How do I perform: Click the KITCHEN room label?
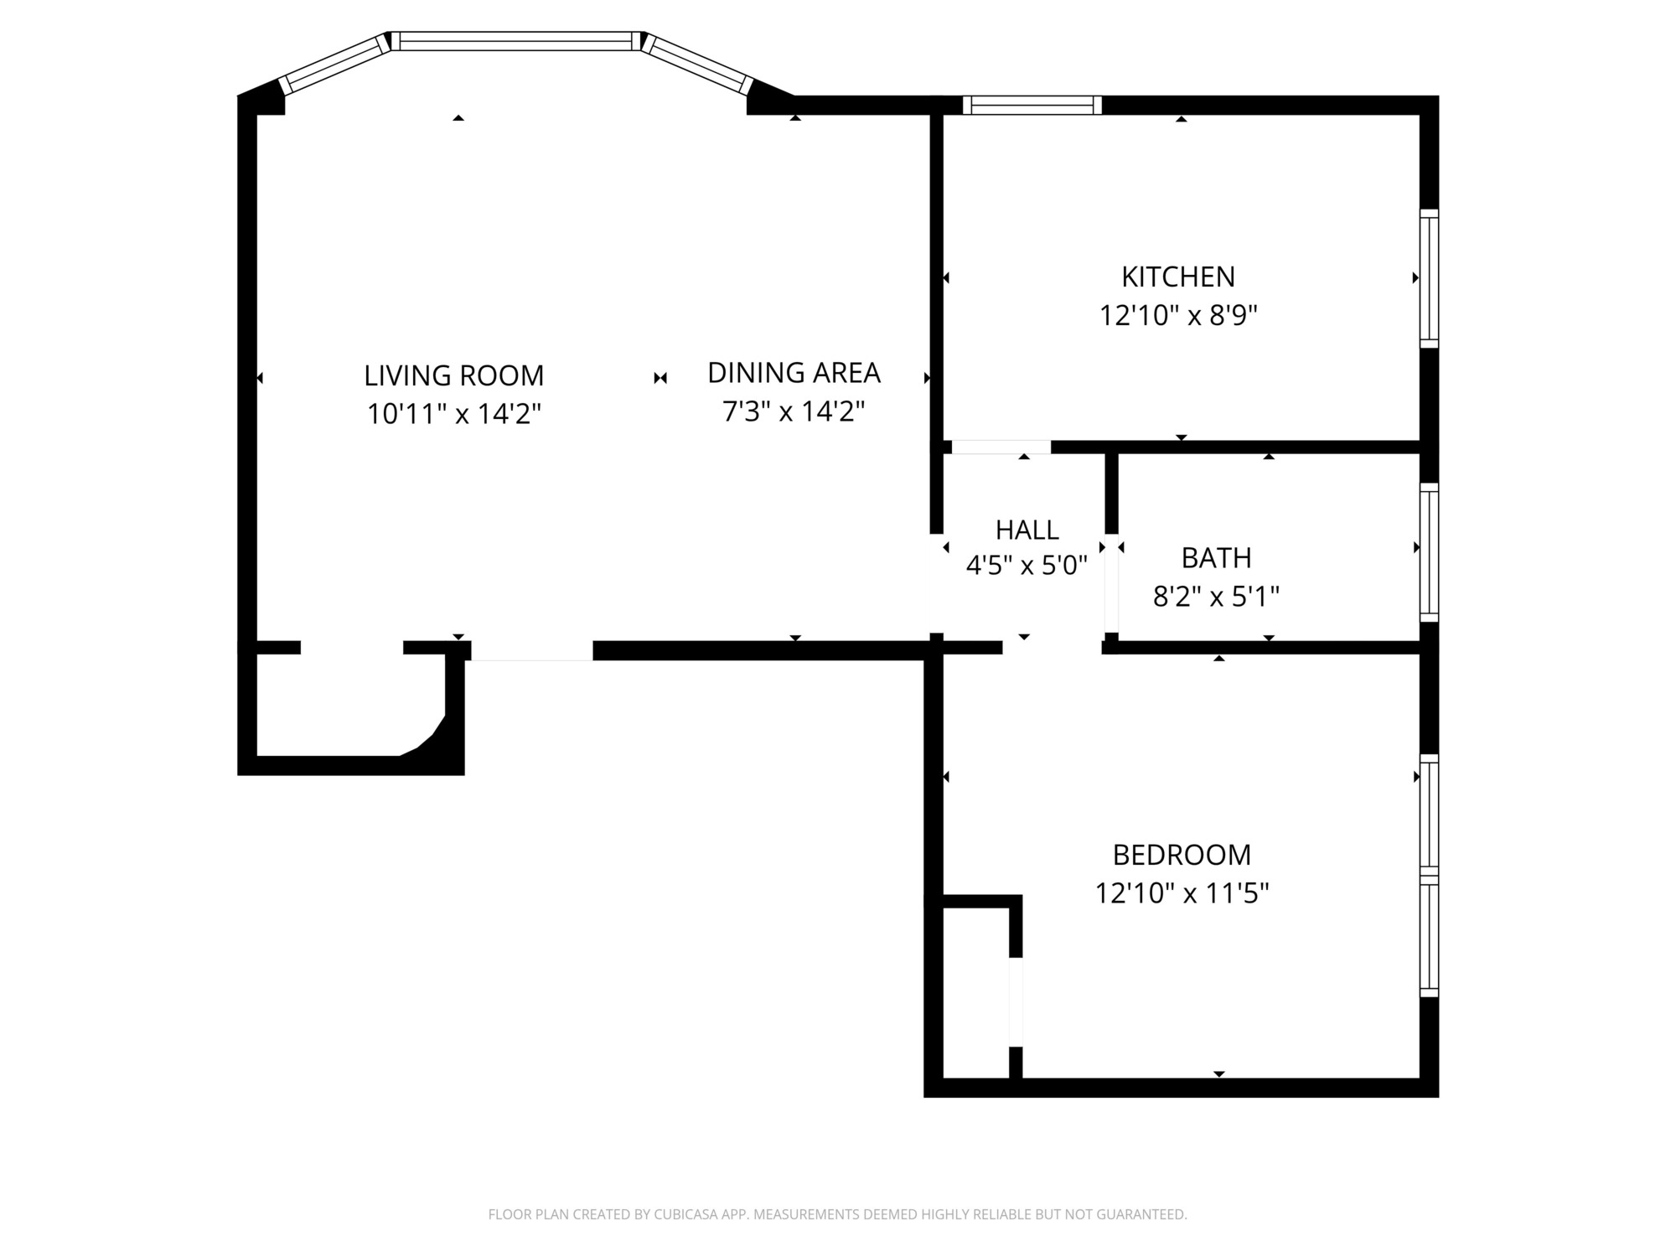(1178, 277)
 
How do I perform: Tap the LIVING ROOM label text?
(454, 375)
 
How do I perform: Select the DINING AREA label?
(794, 373)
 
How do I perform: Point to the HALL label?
(1027, 530)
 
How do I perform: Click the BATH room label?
(1216, 557)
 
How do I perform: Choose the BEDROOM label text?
(1182, 855)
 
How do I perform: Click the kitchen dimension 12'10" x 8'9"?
(1178, 316)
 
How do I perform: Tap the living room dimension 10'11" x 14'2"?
(454, 414)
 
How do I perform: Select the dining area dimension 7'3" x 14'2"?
(794, 411)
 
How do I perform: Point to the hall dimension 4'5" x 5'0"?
(1027, 566)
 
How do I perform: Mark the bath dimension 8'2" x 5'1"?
(1216, 597)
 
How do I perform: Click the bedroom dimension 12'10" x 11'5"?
(1182, 893)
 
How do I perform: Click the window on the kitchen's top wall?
(1032, 105)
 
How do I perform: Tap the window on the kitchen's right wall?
(1429, 278)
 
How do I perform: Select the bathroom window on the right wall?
(1429, 552)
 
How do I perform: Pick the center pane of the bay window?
(516, 41)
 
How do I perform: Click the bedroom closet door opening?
(1016, 1001)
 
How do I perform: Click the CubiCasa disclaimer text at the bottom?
(838, 1214)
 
